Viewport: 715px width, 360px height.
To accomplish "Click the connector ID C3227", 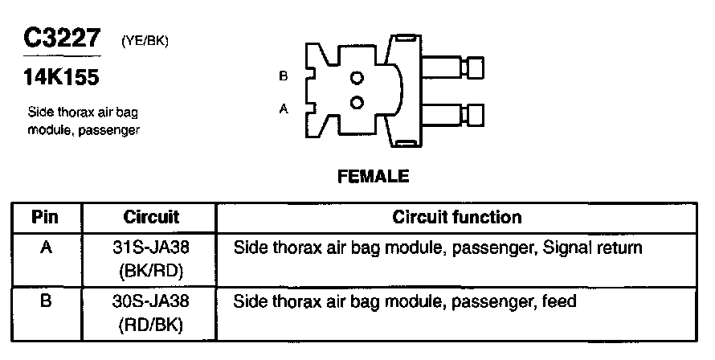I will [x=63, y=39].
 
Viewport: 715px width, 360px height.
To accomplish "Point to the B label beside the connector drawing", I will [x=283, y=76].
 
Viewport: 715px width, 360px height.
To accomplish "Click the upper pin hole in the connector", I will [x=357, y=79].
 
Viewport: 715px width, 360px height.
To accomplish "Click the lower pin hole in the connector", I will [x=357, y=102].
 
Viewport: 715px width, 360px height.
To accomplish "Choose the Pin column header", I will [x=46, y=218].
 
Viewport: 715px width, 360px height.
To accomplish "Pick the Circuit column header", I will [x=151, y=218].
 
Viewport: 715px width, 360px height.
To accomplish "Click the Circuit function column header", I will [x=456, y=218].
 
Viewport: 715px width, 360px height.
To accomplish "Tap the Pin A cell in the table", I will [x=46, y=247].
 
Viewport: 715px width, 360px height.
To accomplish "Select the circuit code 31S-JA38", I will [x=151, y=248].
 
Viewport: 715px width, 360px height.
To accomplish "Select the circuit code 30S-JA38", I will [x=151, y=303].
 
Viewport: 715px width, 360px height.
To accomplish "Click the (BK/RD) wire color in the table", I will [x=151, y=271].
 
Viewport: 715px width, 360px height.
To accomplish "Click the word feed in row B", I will [x=559, y=303].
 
